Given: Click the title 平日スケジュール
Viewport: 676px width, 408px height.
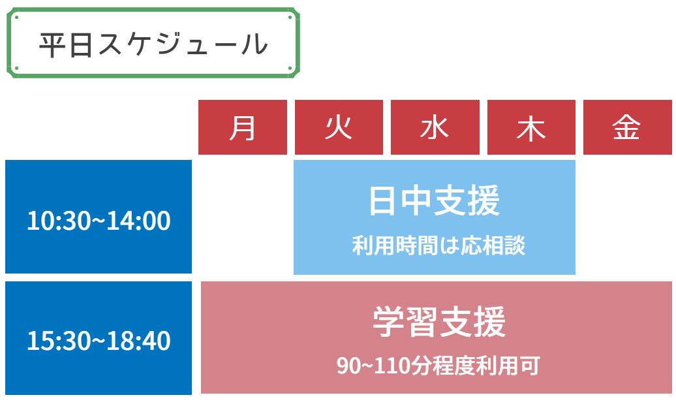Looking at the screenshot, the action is click(x=153, y=44).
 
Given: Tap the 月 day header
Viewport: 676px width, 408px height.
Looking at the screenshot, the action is click(x=243, y=127).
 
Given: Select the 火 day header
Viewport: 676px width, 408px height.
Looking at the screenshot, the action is click(x=339, y=127).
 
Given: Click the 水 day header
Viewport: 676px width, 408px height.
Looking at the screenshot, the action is click(x=435, y=127).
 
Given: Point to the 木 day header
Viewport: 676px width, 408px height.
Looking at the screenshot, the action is click(x=531, y=127).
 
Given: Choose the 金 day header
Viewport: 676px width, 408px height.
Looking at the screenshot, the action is click(x=627, y=127).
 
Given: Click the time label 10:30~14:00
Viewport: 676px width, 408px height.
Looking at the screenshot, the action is click(x=99, y=221).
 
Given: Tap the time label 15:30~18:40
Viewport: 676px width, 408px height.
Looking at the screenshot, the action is click(x=99, y=340).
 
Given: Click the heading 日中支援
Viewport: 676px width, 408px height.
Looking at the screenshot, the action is click(x=434, y=200).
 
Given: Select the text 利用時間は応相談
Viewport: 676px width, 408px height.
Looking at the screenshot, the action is click(x=438, y=245).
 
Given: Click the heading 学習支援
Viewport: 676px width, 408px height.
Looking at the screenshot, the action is click(x=439, y=322).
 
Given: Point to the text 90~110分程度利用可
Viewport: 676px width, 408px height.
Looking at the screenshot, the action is click(x=438, y=366).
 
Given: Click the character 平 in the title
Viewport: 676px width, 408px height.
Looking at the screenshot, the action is click(x=52, y=44).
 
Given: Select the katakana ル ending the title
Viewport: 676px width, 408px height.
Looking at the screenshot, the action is click(x=254, y=44).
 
